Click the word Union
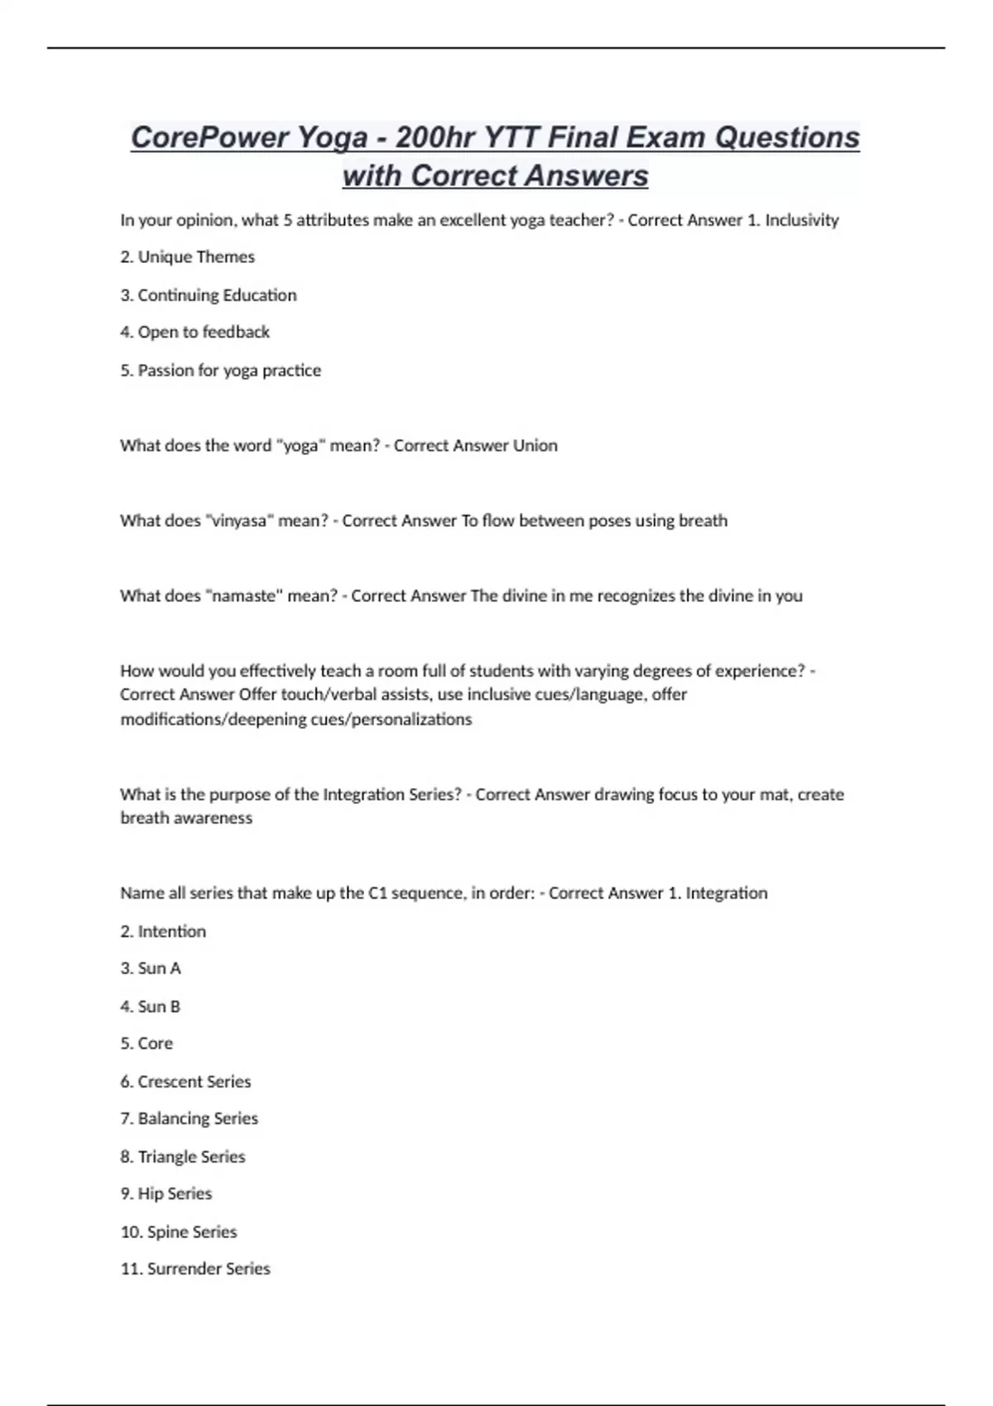(535, 446)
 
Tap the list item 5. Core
(146, 1044)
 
